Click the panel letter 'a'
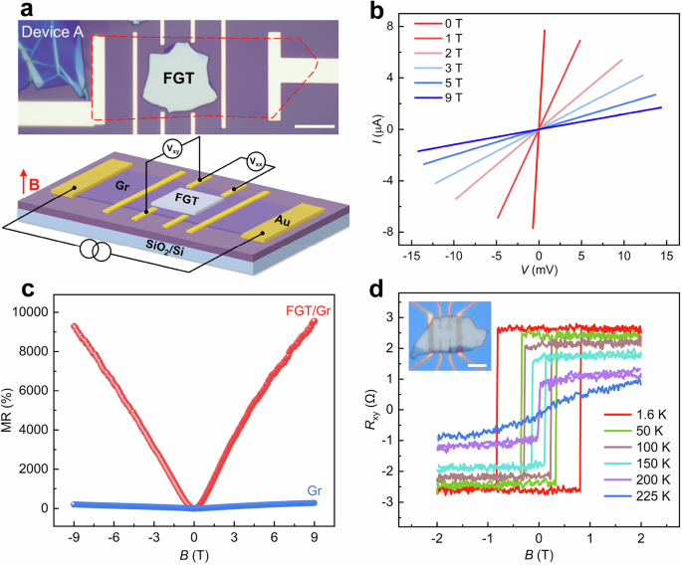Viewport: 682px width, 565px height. (x=8, y=12)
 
